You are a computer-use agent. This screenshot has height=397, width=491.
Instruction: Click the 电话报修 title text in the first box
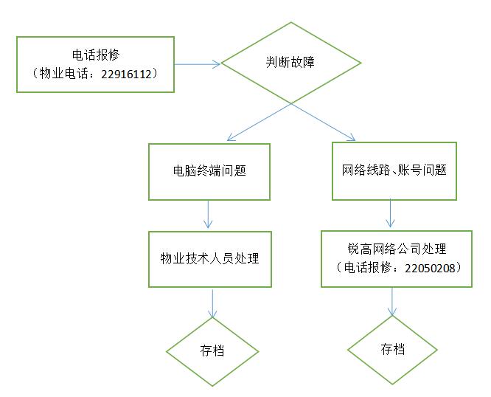click(x=96, y=55)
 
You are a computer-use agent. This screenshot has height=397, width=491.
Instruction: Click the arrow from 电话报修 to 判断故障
click(x=198, y=64)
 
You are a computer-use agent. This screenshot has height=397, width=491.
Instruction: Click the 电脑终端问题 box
click(x=209, y=171)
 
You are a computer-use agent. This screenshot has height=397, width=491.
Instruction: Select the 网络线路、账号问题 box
click(x=394, y=171)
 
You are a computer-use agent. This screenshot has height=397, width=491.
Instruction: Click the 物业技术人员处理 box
click(x=210, y=259)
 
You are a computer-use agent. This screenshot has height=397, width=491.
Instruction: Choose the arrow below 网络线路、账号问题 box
click(x=391, y=214)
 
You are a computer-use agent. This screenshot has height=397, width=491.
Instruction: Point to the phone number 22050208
click(x=428, y=268)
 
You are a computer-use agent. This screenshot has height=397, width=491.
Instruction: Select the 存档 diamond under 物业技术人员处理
click(x=212, y=351)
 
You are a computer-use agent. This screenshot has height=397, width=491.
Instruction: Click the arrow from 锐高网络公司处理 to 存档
click(x=392, y=301)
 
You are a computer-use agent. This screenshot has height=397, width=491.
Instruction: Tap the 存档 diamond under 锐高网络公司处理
click(x=392, y=349)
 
